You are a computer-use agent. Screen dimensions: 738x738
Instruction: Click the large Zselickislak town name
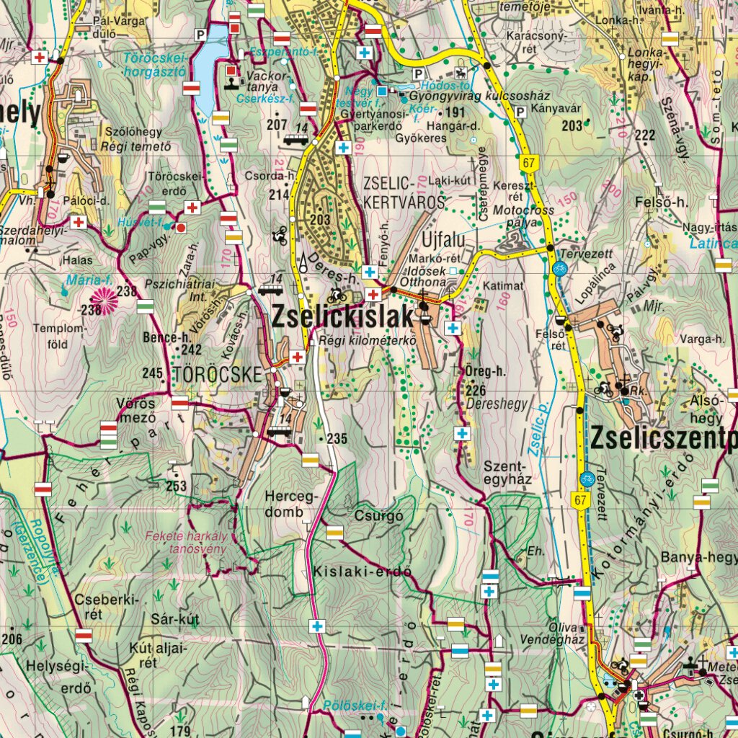[343, 316]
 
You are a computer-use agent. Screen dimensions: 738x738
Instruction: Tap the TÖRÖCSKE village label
[215, 374]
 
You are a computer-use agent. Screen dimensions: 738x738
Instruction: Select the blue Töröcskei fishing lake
[206, 68]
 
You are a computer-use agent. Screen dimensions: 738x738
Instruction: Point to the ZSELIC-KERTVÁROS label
[404, 192]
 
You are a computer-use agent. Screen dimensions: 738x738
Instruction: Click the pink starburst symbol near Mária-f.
[103, 301]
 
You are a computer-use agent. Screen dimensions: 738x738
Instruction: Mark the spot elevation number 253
[176, 486]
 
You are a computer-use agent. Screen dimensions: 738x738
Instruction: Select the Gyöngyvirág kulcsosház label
[479, 97]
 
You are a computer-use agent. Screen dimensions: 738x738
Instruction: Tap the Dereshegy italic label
[497, 405]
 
